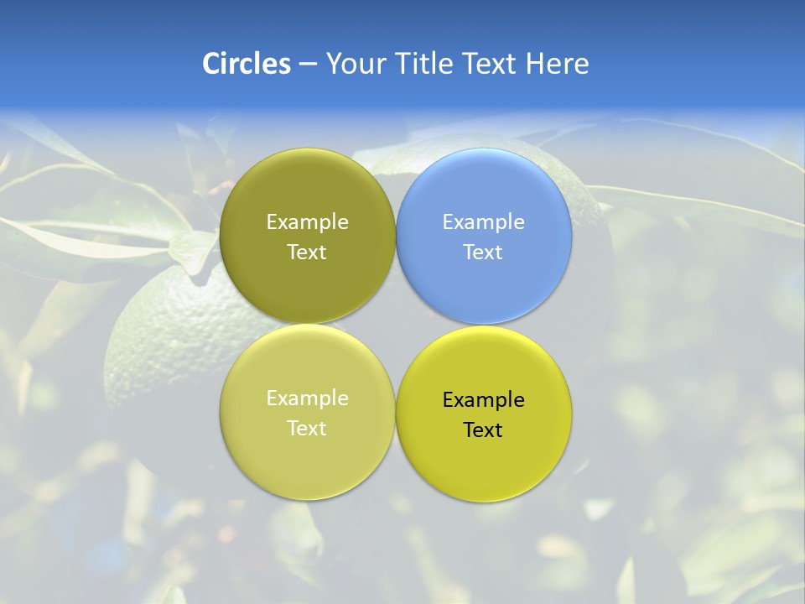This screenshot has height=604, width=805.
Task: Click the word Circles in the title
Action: pyautogui.click(x=247, y=64)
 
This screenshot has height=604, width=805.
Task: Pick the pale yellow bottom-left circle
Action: pyautogui.click(x=307, y=461)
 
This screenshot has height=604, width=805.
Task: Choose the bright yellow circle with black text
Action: pyautogui.click(x=484, y=466)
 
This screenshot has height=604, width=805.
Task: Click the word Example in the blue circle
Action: pyautogui.click(x=484, y=222)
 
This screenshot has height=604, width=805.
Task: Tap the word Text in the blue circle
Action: pyautogui.click(x=484, y=253)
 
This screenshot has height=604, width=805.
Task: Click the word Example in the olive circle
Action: pyautogui.click(x=307, y=222)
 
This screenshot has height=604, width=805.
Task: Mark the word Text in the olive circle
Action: pyautogui.click(x=307, y=253)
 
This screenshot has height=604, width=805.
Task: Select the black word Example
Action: pyautogui.click(x=484, y=400)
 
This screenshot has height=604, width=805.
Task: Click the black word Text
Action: pyautogui.click(x=484, y=430)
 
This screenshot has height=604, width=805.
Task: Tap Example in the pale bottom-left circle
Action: pyautogui.click(x=307, y=398)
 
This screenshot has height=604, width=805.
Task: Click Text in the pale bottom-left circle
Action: pyautogui.click(x=307, y=429)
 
